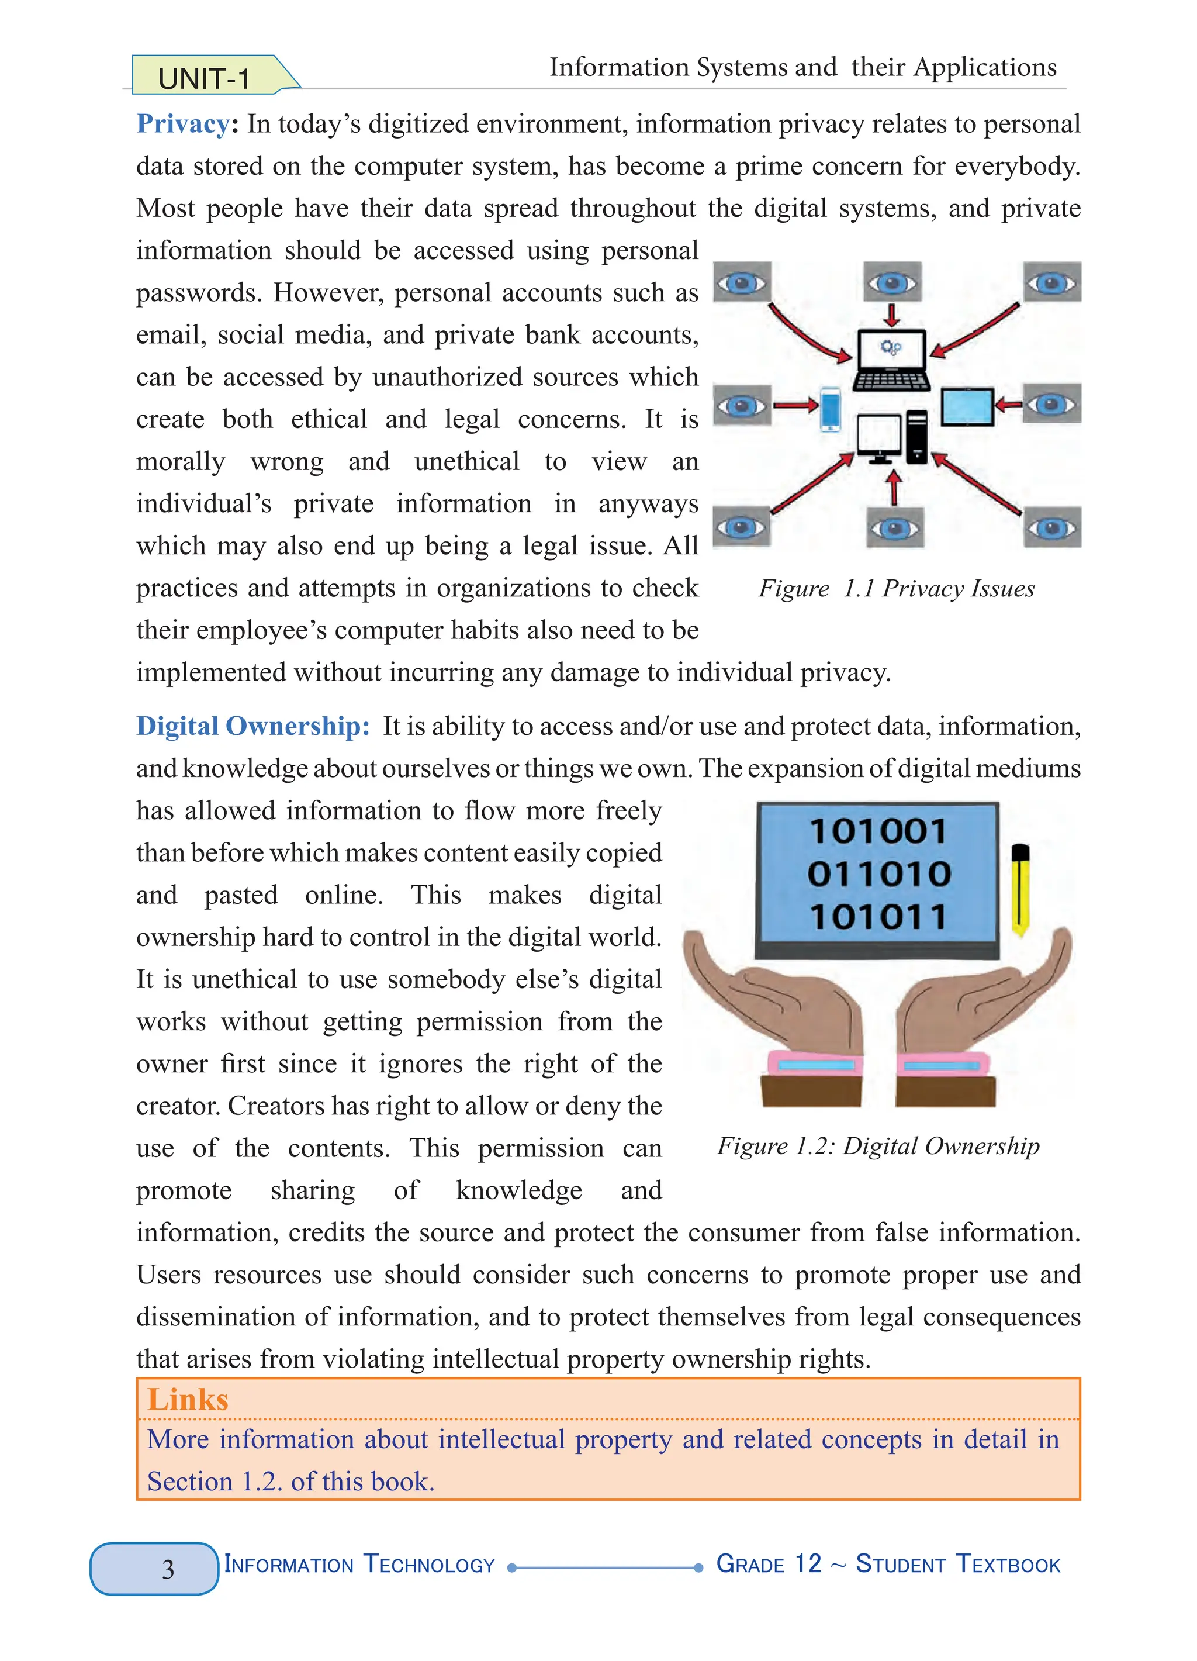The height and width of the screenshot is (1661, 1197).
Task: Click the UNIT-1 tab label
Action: [x=204, y=78]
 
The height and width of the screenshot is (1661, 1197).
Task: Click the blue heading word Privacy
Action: [x=183, y=124]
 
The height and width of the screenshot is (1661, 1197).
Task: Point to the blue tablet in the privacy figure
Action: [x=966, y=407]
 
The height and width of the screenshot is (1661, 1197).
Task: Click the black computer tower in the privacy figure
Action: [x=916, y=437]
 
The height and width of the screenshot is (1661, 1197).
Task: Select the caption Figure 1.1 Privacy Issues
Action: [x=896, y=589]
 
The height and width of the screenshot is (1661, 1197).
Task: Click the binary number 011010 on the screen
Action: [x=878, y=873]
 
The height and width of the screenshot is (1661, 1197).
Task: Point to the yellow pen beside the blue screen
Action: [x=1020, y=890]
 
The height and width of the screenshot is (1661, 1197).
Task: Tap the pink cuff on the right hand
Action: [x=942, y=1064]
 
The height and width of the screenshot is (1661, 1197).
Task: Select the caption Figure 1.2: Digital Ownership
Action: [x=878, y=1146]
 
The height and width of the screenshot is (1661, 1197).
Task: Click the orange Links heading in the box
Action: [x=188, y=1400]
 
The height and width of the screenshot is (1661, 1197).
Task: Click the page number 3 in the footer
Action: [x=168, y=1568]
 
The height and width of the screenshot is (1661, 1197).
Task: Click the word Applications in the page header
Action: [x=985, y=67]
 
